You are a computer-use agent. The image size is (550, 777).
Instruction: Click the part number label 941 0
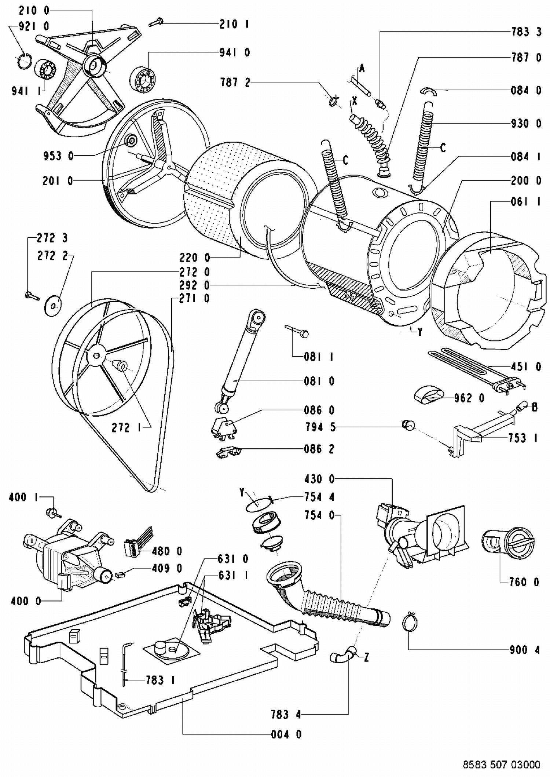(x=234, y=52)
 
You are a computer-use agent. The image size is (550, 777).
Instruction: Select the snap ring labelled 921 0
(x=24, y=61)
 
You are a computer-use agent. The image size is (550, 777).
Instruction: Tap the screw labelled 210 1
(x=155, y=23)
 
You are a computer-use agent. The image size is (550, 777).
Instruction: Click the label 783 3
(x=526, y=32)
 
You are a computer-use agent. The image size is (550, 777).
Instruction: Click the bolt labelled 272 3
(x=32, y=295)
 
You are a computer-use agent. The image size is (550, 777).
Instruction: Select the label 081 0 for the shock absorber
(x=319, y=381)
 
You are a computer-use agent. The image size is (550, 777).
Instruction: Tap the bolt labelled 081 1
(x=297, y=330)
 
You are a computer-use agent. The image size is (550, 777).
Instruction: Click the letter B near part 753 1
(x=534, y=407)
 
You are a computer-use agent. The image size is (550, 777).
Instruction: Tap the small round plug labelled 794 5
(x=408, y=425)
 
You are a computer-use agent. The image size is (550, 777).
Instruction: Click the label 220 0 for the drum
(x=195, y=258)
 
